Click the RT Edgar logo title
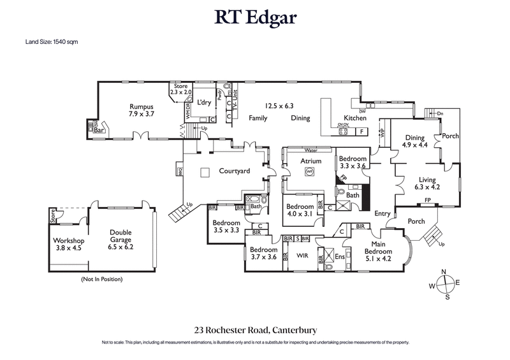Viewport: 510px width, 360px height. [x=255, y=18]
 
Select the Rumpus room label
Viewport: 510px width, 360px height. [x=142, y=110]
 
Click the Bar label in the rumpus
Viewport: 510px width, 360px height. [x=99, y=130]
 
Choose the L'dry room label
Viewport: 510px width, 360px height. [x=203, y=102]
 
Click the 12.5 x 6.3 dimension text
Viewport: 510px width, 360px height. [x=280, y=106]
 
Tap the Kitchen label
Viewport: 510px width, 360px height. [x=355, y=118]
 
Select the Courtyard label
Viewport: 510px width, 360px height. [x=234, y=171]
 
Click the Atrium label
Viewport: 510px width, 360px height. [x=310, y=162]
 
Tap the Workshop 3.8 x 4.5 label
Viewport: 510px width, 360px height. [x=68, y=244]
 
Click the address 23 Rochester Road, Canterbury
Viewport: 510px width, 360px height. [x=255, y=330]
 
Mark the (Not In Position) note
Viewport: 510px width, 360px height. [x=101, y=279]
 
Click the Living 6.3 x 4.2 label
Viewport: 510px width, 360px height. [x=428, y=183]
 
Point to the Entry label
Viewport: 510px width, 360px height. [x=382, y=213]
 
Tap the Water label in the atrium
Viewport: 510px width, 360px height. [x=310, y=151]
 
